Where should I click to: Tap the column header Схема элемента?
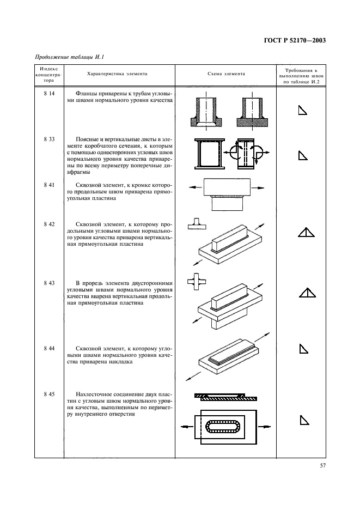(226, 74)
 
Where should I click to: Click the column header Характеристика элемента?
(117, 74)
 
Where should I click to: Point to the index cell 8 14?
(49, 94)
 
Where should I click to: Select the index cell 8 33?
(49, 139)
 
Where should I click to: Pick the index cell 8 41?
(49, 185)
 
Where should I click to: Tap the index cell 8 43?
(49, 283)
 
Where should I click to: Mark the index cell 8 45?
(49, 393)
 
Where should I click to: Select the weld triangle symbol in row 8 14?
(303, 111)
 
